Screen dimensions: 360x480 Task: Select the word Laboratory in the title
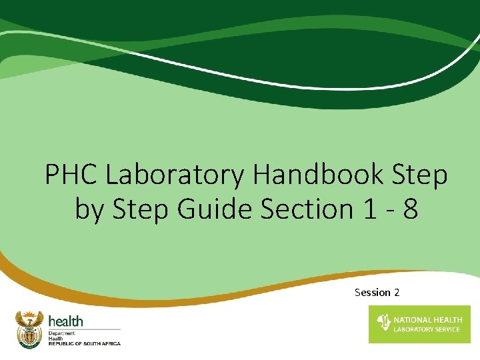175,175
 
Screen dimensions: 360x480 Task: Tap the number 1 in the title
371,209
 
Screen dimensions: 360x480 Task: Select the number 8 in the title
411,209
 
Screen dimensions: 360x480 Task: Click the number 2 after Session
397,293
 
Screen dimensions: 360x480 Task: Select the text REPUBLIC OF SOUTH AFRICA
84,343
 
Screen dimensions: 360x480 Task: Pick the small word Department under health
62,332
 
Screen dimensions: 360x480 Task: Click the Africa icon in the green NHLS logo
383,323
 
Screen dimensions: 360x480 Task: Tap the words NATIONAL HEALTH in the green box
427,320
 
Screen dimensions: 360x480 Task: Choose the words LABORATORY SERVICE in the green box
427,329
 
